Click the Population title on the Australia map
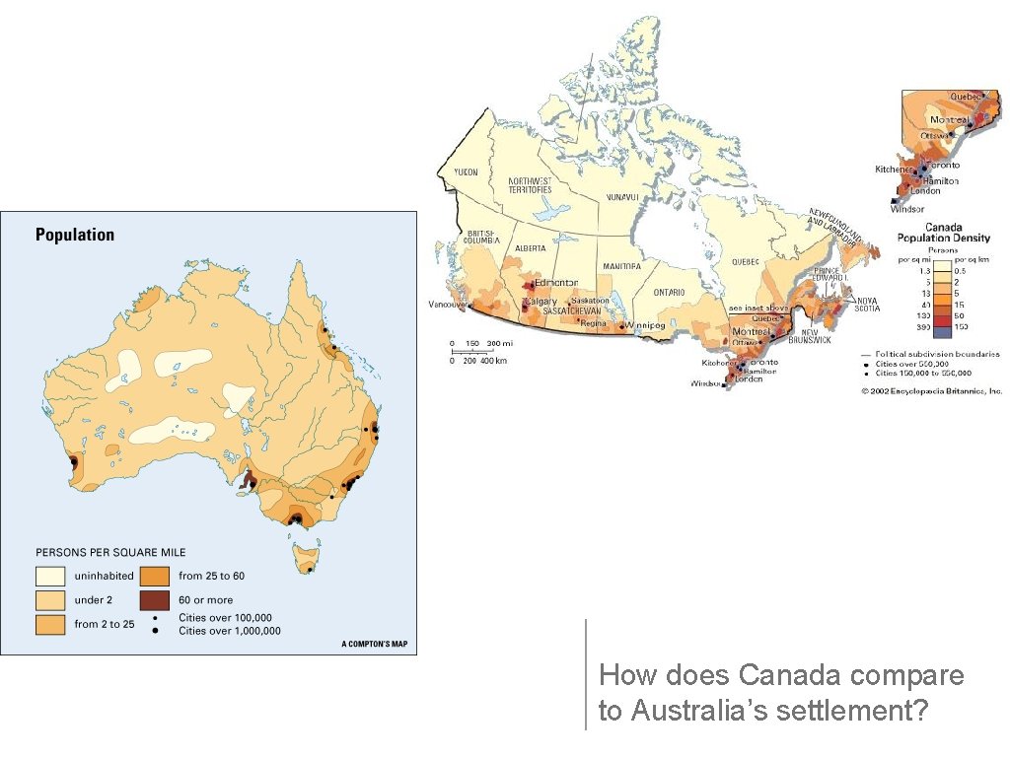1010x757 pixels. [x=75, y=235]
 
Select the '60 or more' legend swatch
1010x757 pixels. [x=156, y=599]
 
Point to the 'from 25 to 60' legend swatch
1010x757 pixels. [x=156, y=576]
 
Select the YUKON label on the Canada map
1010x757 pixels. [x=466, y=172]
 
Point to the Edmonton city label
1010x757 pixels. [x=555, y=282]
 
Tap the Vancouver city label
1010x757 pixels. [x=447, y=305]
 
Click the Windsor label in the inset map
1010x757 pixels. [x=907, y=209]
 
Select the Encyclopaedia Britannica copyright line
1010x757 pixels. [x=932, y=391]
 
